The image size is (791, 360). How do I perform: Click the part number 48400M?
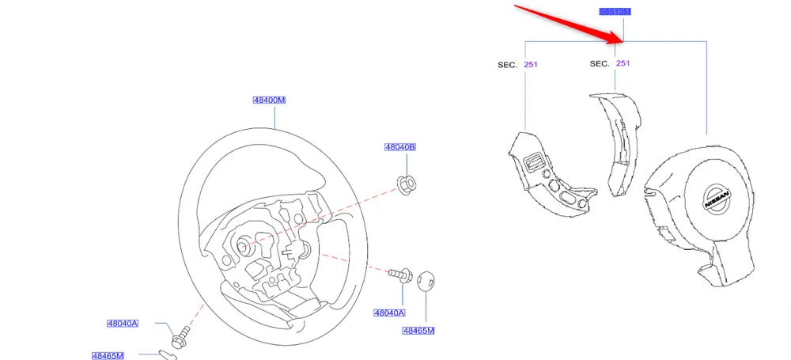pyautogui.click(x=269, y=100)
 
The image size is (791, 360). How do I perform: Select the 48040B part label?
pyautogui.click(x=400, y=147)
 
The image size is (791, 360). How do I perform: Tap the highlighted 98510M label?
pyautogui.click(x=615, y=12)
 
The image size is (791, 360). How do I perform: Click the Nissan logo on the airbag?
pyautogui.click(x=718, y=198)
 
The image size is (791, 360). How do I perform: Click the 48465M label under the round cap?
pyautogui.click(x=418, y=330)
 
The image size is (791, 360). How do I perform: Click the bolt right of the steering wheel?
pyautogui.click(x=399, y=275)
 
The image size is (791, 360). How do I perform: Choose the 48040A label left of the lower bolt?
pyautogui.click(x=123, y=323)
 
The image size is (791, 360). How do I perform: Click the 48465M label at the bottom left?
pyautogui.click(x=108, y=356)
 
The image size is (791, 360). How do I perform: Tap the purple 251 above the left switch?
pyautogui.click(x=531, y=64)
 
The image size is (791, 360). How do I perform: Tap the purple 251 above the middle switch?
pyautogui.click(x=623, y=63)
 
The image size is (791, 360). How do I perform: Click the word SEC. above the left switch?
pyautogui.click(x=508, y=64)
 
